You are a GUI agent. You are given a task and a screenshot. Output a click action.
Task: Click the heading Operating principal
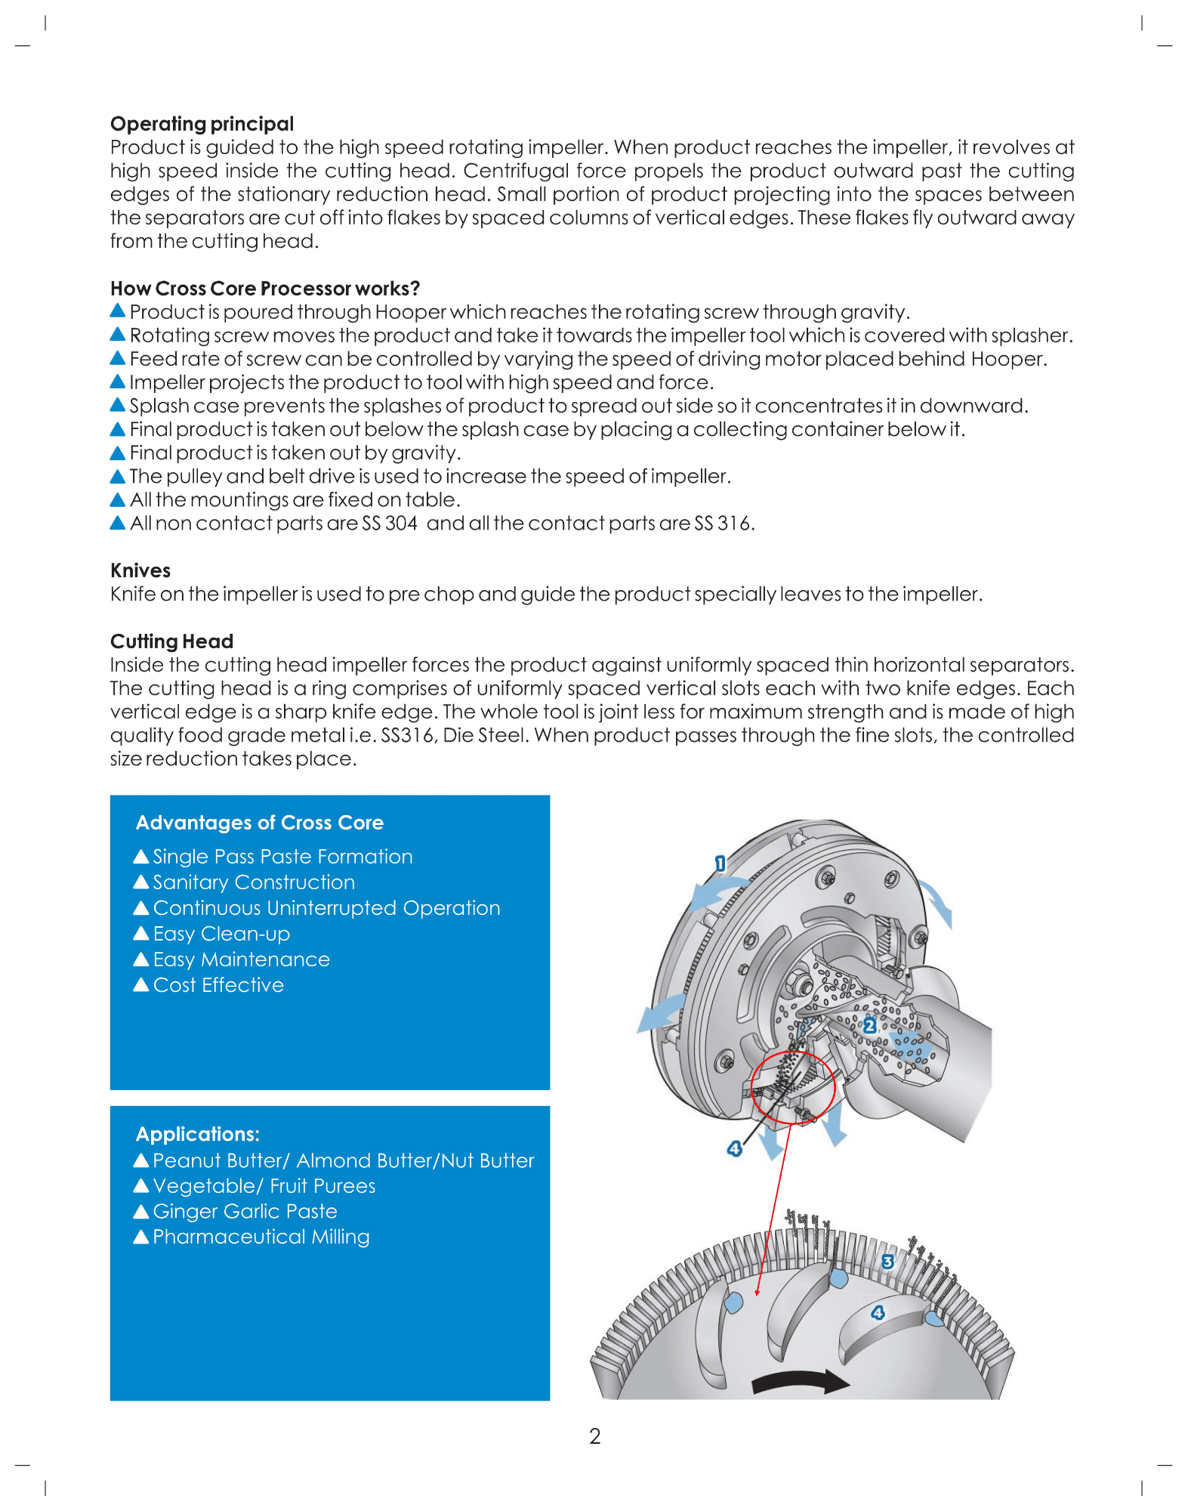202,124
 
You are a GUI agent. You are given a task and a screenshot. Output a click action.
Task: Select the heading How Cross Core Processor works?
264,289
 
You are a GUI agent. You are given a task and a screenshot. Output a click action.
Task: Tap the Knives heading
140,570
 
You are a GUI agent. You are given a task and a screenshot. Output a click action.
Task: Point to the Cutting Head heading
171,641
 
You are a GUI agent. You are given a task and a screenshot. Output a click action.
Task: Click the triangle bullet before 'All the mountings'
118,499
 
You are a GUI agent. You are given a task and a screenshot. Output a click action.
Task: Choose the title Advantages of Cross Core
259,823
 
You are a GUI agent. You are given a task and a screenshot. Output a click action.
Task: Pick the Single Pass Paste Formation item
282,857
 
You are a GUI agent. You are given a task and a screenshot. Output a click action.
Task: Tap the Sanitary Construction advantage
253,882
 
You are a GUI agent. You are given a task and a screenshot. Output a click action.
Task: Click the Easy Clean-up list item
221,934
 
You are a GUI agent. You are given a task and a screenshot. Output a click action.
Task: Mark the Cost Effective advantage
218,985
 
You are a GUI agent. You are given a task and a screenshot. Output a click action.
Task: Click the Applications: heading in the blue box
197,1134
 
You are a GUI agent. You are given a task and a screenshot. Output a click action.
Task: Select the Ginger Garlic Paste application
244,1211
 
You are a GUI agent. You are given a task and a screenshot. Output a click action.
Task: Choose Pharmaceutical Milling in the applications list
261,1237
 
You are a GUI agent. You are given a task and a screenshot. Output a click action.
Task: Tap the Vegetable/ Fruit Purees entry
264,1186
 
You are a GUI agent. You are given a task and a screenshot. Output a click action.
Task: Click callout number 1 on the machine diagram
720,863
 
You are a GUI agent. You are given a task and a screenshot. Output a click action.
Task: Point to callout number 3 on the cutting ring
887,1262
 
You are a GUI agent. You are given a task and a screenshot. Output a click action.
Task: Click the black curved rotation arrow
801,1381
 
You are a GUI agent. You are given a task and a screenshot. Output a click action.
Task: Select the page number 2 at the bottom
595,1436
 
